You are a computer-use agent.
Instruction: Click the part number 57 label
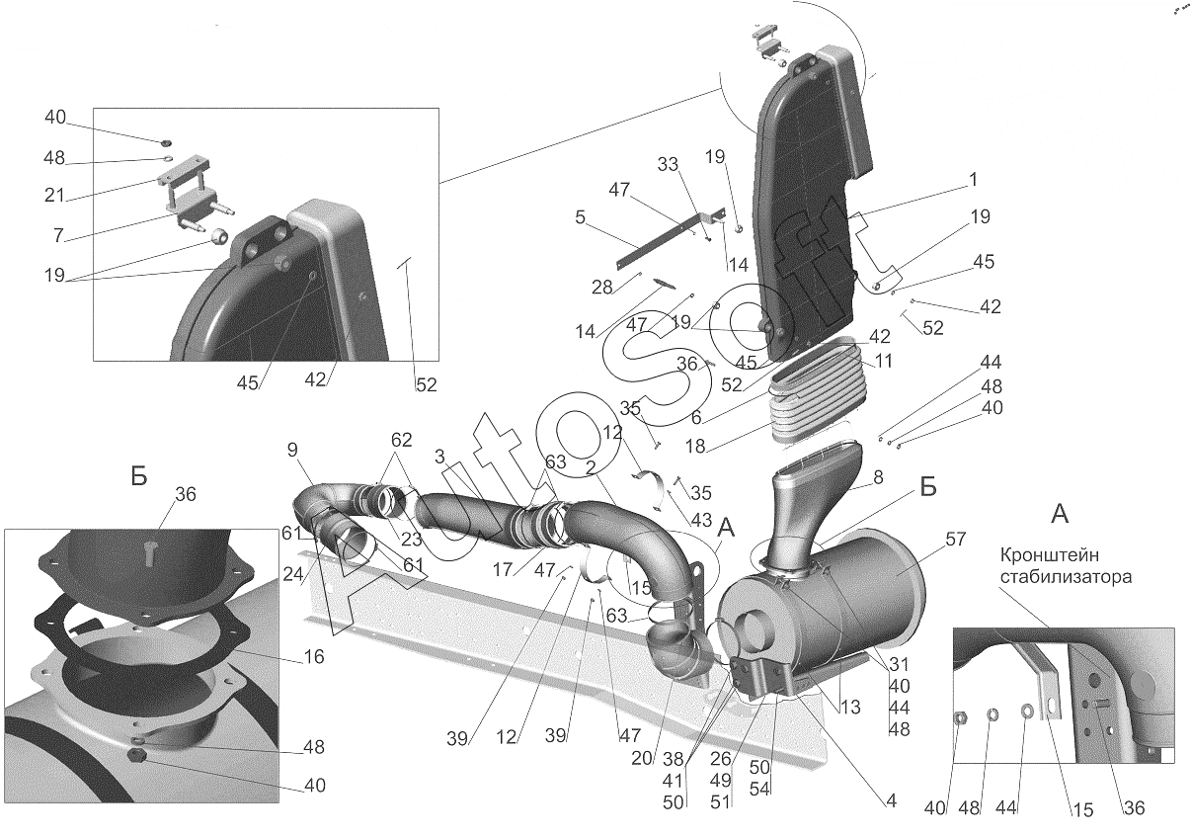[x=955, y=539]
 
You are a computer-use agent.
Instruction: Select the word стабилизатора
[x=1066, y=576]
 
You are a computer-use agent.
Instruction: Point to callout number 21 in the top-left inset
[x=54, y=196]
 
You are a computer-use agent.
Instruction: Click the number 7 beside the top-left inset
[x=59, y=234]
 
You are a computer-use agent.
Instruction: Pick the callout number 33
[x=668, y=164]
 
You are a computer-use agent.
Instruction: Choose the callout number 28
[x=601, y=288]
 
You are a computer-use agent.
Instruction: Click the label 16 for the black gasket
[x=314, y=656]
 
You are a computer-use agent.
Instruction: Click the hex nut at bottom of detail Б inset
[x=137, y=756]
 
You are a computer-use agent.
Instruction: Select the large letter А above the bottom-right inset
[x=1061, y=515]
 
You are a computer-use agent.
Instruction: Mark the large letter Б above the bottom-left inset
[x=139, y=476]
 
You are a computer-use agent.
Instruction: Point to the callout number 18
[x=695, y=446]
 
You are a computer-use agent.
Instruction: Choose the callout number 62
[x=401, y=440]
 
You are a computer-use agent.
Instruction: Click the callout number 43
[x=701, y=520]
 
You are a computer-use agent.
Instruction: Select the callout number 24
[x=293, y=573]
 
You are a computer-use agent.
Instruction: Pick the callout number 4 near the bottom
[x=891, y=800]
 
